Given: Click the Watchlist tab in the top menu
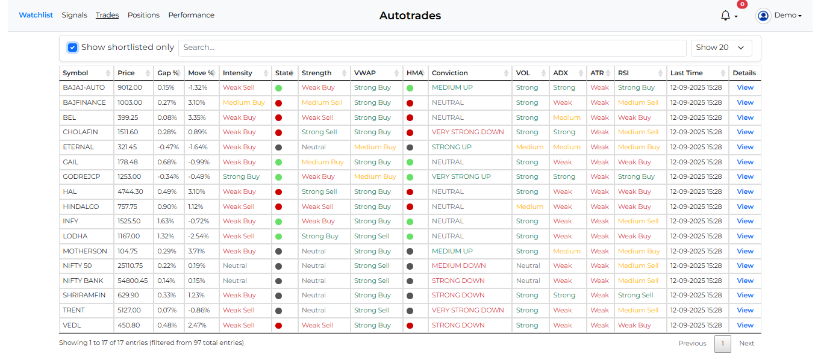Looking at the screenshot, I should [36, 15].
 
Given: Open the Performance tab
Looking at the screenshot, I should [191, 15].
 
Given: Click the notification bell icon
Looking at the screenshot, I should [725, 16].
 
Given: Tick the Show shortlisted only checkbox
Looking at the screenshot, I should [73, 48].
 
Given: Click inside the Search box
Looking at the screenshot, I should [432, 48].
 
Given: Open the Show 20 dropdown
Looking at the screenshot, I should [721, 48].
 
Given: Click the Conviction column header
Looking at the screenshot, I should [450, 73].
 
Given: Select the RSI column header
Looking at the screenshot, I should [623, 73].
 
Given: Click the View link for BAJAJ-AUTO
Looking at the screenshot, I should [745, 88].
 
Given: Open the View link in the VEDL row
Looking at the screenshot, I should [745, 325].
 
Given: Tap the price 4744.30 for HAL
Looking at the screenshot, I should [130, 191].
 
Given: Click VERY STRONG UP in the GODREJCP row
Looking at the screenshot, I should [461, 177].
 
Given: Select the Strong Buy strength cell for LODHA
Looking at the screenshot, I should [320, 237].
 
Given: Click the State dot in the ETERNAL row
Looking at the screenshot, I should [278, 147].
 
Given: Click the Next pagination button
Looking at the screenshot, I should [746, 343].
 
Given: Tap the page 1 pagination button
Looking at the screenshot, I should [723, 343].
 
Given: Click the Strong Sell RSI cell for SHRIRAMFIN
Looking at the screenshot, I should [635, 296].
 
